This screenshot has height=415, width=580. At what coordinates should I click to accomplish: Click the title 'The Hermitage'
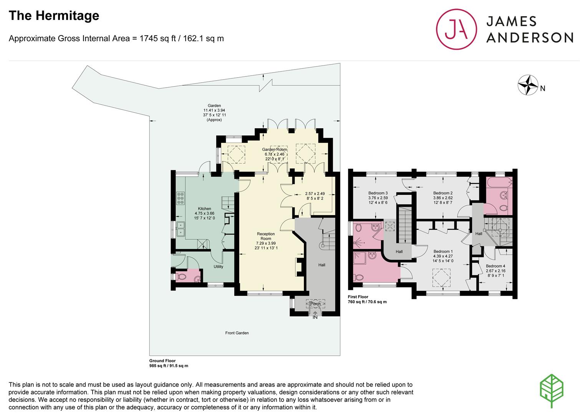54,16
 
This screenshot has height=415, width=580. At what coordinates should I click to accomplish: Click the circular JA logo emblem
456,29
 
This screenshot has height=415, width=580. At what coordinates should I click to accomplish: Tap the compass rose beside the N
528,85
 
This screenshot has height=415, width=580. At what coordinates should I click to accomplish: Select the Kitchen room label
205,209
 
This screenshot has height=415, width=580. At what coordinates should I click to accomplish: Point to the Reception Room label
266,236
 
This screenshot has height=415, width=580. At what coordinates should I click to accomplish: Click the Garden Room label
275,149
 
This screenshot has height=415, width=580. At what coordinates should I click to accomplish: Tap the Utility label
218,267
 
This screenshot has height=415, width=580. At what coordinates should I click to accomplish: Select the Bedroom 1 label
443,251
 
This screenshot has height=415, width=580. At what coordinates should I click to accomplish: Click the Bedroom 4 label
495,266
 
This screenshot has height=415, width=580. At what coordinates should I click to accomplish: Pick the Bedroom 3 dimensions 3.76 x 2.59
378,198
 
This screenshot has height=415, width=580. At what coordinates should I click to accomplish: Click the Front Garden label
237,333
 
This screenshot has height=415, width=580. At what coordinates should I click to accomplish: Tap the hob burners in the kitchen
181,198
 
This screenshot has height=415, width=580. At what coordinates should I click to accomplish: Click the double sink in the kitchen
181,229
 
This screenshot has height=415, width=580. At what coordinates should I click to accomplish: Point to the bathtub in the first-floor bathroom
499,183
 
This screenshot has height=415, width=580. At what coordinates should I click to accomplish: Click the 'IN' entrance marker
315,317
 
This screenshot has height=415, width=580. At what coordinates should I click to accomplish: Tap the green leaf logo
552,391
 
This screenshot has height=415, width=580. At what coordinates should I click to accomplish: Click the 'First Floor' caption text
358,297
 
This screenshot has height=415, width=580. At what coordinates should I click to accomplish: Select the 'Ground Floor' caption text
162,360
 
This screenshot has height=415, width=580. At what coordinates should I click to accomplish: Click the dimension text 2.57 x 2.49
315,194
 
